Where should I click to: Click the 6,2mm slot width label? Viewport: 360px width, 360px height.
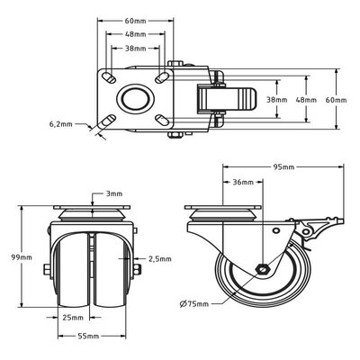click(61, 124)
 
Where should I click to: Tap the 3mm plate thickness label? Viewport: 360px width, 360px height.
click(114, 193)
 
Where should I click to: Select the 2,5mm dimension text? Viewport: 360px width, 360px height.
click(160, 259)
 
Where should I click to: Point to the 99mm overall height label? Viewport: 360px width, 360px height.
click(22, 257)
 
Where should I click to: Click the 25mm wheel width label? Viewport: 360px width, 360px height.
click(73, 317)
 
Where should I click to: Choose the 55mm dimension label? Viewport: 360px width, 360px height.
click(88, 337)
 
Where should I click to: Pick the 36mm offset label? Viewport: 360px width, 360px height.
click(243, 182)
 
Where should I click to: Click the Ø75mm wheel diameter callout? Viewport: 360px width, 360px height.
click(194, 304)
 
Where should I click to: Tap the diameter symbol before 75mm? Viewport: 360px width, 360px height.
click(183, 304)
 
